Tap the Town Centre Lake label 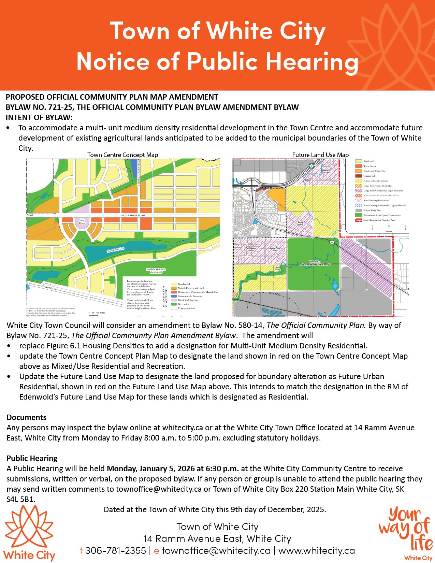[116, 250]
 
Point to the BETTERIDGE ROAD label [133, 216]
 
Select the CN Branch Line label [49, 288]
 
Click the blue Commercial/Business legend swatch [174, 296]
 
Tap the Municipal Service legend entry [187, 300]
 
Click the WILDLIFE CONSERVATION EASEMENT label [315, 263]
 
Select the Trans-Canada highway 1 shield [311, 166]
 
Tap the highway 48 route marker [332, 242]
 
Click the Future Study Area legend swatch [359, 211]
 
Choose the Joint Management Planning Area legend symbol [359, 220]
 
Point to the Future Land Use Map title [320, 155]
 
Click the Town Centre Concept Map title [122, 155]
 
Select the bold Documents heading [27, 417]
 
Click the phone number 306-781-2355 [116, 551]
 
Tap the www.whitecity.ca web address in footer [317, 551]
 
